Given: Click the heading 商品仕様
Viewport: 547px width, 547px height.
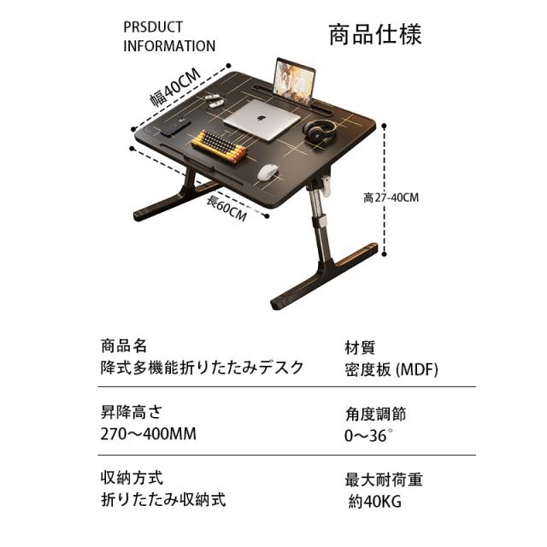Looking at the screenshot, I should (375, 36).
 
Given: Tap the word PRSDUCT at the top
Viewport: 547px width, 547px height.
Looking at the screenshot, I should (153, 27).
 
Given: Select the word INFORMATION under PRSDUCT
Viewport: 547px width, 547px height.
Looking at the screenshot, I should (169, 46).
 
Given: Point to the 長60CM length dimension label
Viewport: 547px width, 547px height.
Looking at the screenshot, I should (226, 208).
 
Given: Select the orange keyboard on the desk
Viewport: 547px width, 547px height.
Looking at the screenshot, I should (219, 146).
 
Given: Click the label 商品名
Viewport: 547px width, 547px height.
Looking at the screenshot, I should (124, 346).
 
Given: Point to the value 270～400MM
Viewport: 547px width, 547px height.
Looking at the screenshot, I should (148, 434).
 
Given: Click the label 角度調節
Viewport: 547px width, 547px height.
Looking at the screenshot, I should (375, 414).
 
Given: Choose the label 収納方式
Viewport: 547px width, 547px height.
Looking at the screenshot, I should (132, 477).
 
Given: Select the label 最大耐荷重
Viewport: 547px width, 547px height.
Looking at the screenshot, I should (384, 479).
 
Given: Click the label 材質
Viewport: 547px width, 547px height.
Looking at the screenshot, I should (360, 348).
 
